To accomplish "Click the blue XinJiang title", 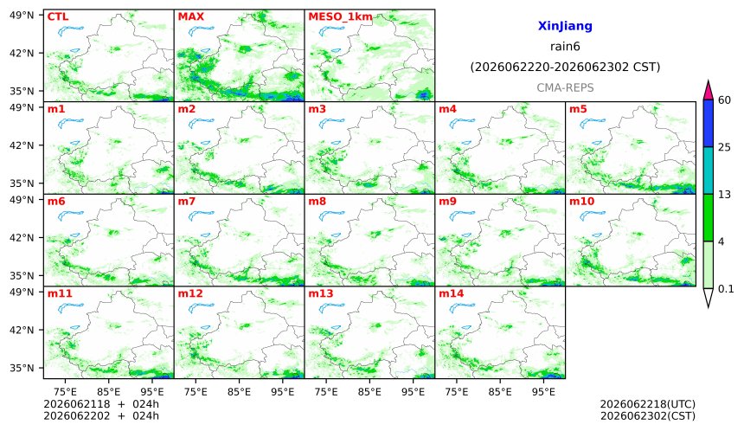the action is click(x=565, y=26).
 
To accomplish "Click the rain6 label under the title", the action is click(x=565, y=47).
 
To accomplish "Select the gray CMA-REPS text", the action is click(x=565, y=87).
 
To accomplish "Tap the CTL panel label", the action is click(x=58, y=16).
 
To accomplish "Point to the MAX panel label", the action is click(x=190, y=16).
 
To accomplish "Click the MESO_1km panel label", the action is click(x=340, y=17).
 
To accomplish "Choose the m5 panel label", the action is click(x=578, y=109).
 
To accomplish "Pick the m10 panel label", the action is click(x=581, y=202).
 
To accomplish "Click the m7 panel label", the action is click(x=187, y=202).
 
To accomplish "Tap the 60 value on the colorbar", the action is click(x=725, y=100).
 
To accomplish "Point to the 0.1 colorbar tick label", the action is click(x=726, y=288).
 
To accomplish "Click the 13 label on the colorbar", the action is click(x=725, y=194).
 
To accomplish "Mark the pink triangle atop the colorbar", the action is click(x=708, y=90).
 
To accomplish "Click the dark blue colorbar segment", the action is click(x=708, y=124).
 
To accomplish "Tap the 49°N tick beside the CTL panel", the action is click(x=22, y=16).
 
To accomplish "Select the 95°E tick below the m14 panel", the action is click(x=543, y=392).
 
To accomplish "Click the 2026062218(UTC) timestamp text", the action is click(x=648, y=404).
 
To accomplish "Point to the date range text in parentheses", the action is click(x=565, y=67).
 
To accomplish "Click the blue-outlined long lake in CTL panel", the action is click(x=71, y=31).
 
